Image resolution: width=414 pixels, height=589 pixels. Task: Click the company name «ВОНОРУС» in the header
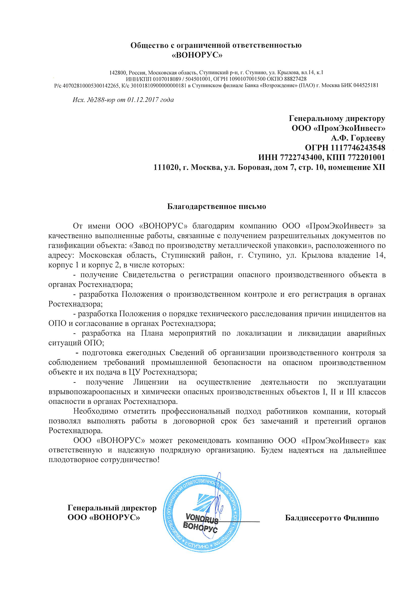(x=197, y=55)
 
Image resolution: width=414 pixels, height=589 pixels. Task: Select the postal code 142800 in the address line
(x=118, y=72)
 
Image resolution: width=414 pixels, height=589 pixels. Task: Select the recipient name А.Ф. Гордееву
(x=358, y=138)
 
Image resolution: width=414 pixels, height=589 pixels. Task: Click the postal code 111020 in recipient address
(x=165, y=167)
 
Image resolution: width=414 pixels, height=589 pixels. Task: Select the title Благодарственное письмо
(x=217, y=207)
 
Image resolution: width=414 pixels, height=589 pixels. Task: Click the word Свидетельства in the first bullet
(x=149, y=275)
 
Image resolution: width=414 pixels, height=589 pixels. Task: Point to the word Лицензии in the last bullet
(x=151, y=382)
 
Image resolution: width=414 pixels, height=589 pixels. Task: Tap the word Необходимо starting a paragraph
(x=96, y=411)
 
